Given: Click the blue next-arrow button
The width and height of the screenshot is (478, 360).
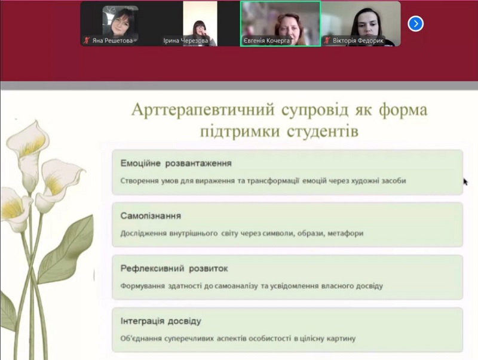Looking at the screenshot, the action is [x=415, y=23].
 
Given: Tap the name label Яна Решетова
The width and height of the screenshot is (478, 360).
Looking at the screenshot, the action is [x=112, y=41].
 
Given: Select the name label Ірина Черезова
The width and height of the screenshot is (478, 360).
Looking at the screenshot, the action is [x=186, y=41].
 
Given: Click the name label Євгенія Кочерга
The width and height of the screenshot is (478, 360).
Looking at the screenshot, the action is [x=266, y=41].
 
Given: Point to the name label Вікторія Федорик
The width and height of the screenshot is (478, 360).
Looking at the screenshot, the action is [x=358, y=41].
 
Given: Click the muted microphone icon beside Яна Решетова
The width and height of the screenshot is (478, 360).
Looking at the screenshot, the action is [x=87, y=40].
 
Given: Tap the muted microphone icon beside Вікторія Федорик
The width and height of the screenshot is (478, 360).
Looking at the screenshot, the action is [x=327, y=40].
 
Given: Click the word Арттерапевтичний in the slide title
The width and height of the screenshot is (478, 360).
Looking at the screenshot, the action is [x=203, y=110].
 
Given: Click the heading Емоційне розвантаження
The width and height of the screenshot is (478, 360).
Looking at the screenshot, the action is [x=176, y=164].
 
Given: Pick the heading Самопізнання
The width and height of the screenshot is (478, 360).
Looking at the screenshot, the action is [x=151, y=216].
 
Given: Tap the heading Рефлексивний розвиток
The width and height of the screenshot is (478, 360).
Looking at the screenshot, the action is [x=174, y=269].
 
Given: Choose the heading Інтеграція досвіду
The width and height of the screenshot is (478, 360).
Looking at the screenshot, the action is [x=161, y=321].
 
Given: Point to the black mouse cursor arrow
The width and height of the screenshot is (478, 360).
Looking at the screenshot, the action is [x=465, y=182].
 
